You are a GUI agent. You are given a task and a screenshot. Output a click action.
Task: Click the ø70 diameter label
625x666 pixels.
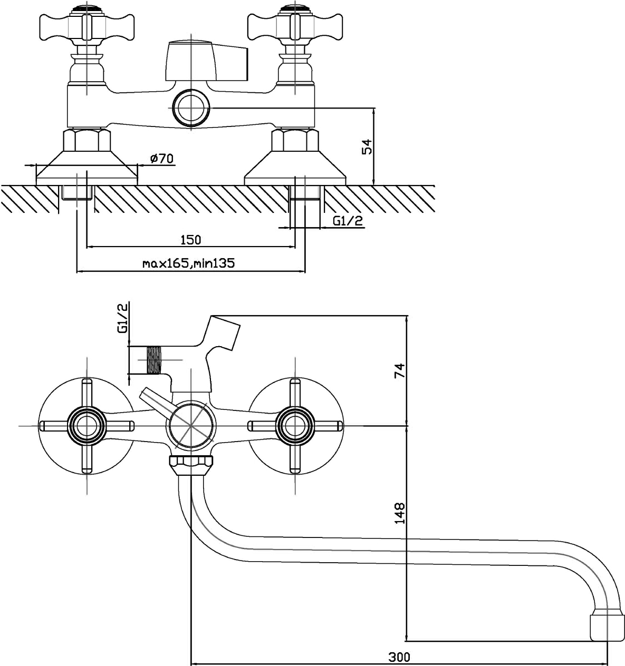(161, 158)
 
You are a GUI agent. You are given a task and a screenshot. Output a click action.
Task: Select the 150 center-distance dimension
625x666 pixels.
(190, 240)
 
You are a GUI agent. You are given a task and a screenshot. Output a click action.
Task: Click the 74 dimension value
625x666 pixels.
(399, 370)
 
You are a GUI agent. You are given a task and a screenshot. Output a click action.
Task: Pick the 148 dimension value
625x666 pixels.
(399, 513)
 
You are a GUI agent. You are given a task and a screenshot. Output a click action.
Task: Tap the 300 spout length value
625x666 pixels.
(399, 657)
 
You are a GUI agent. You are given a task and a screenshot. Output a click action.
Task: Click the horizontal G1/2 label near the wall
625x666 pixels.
(348, 221)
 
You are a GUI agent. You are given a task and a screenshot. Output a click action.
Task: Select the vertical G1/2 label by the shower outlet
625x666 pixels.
(122, 318)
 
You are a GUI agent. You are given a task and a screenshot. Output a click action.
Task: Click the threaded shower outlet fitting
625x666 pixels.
(152, 360)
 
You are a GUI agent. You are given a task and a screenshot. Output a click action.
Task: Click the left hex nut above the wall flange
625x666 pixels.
(87, 141)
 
